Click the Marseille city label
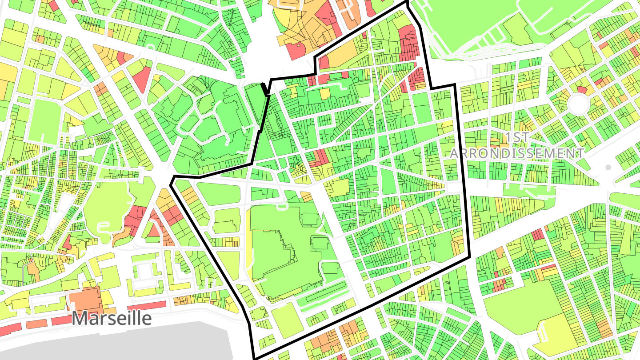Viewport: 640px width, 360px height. pyautogui.click(x=112, y=318)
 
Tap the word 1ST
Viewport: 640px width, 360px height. pyautogui.click(x=518, y=137)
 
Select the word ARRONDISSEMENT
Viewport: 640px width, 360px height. pyautogui.click(x=517, y=153)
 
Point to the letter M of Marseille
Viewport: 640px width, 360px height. pyautogui.click(x=80, y=318)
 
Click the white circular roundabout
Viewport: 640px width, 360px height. pyautogui.click(x=579, y=104)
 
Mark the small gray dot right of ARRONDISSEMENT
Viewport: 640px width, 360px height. pyautogui.click(x=608, y=167)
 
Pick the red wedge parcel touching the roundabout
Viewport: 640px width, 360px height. pyautogui.click(x=582, y=90)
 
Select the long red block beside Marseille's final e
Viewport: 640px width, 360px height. pyautogui.click(x=147, y=306)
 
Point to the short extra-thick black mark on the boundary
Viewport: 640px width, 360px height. pyautogui.click(x=265, y=89)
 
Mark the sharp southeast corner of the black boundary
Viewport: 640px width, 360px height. pyautogui.click(x=469, y=257)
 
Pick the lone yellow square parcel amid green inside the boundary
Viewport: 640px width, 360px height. pyautogui.click(x=325, y=93)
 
